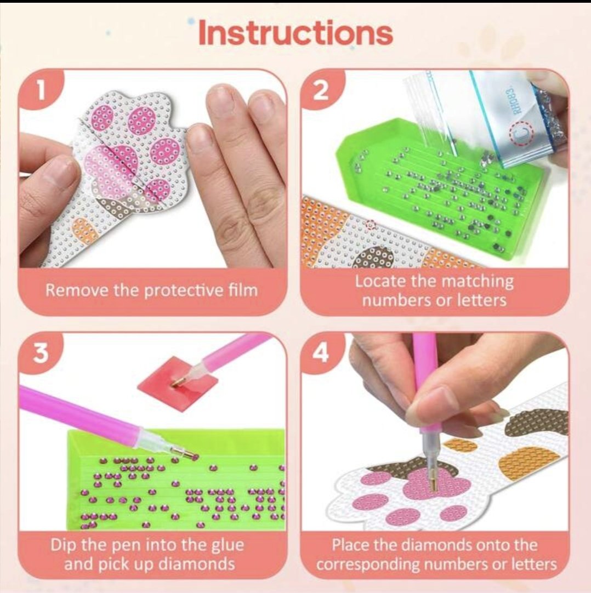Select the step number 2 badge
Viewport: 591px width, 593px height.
coord(322,91)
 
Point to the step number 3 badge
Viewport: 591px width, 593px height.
coord(41,353)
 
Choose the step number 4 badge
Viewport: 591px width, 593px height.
coord(322,353)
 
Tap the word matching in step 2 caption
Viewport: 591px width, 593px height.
coord(478,281)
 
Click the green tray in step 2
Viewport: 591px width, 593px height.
coord(442,189)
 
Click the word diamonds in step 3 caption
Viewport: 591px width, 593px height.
coord(196,564)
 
